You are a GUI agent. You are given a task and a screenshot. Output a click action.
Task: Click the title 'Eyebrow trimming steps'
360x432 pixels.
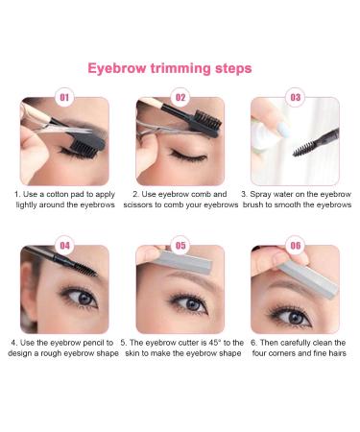(170, 69)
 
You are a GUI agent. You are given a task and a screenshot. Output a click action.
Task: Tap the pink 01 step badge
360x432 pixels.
(65, 98)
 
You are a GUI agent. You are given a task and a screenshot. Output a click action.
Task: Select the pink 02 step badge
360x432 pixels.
(180, 98)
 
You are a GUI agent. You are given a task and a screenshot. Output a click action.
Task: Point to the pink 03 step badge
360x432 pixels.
(295, 98)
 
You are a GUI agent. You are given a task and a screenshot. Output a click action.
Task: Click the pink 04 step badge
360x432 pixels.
(65, 246)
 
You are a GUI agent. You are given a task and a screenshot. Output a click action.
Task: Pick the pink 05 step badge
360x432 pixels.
(180, 246)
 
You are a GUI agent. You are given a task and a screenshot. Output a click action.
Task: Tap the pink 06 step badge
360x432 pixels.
(295, 246)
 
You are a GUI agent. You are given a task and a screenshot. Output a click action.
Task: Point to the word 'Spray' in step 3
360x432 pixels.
(264, 193)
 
